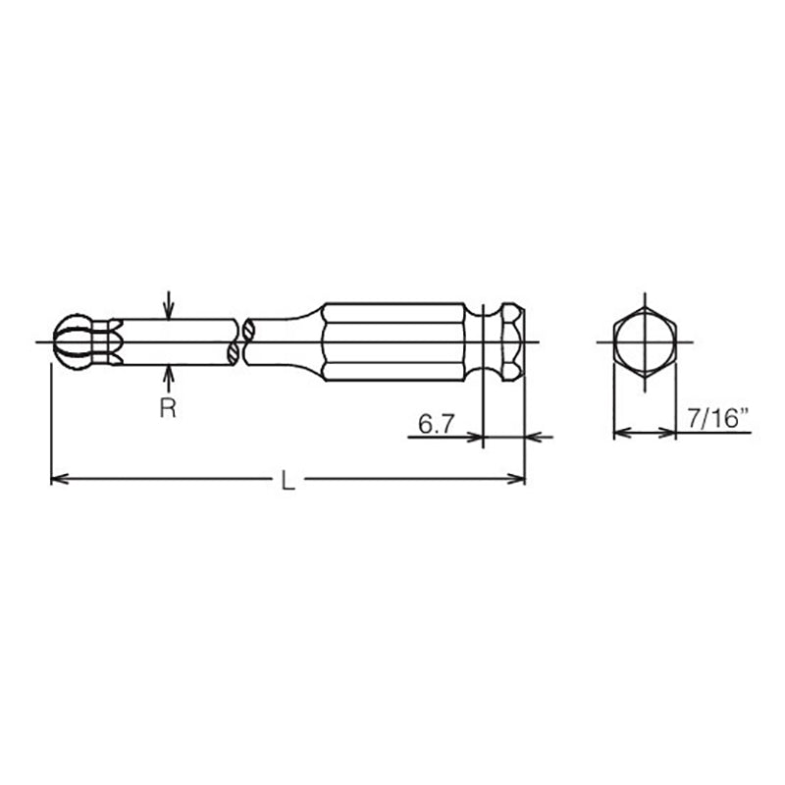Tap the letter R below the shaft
(168, 408)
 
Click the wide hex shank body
(392, 341)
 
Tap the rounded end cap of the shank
(512, 341)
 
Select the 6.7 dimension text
(436, 424)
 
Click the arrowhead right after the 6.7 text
(478, 436)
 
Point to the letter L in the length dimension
(287, 480)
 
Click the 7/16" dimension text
(716, 421)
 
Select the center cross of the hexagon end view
(645, 341)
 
